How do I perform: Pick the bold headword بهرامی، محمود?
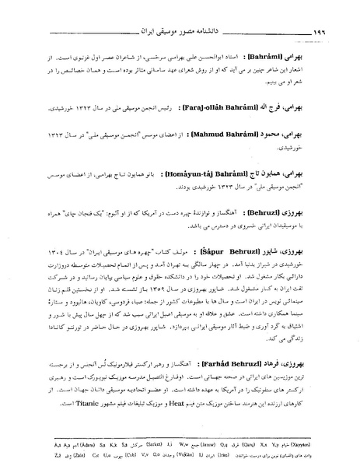click(x=302, y=134)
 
